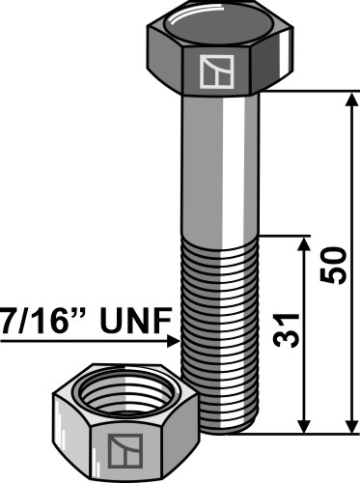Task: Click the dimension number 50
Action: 333,266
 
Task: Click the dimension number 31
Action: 286,330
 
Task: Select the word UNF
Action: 136,321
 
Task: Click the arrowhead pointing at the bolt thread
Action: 174,341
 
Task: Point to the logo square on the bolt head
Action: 216,71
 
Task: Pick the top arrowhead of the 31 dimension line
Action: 304,244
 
